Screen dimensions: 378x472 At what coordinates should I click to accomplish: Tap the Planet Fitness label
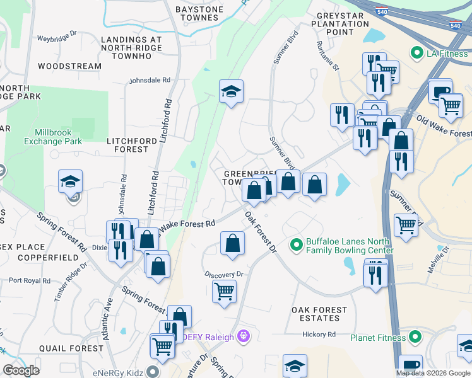378,338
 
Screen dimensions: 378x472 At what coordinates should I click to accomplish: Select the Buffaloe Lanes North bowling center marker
295,244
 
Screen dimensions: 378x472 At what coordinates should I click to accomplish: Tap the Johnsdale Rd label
150,80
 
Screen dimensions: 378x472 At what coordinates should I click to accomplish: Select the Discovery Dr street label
223,275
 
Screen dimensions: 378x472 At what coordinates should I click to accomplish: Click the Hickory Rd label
318,335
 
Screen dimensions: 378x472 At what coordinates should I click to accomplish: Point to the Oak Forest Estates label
319,314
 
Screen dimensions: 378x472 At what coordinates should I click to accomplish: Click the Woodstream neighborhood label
69,66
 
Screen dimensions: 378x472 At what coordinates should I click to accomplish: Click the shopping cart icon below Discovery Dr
224,292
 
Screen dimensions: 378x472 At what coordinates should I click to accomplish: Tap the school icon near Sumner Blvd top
231,92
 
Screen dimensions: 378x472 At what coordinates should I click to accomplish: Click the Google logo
21,370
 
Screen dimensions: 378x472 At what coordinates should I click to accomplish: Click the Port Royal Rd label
30,280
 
